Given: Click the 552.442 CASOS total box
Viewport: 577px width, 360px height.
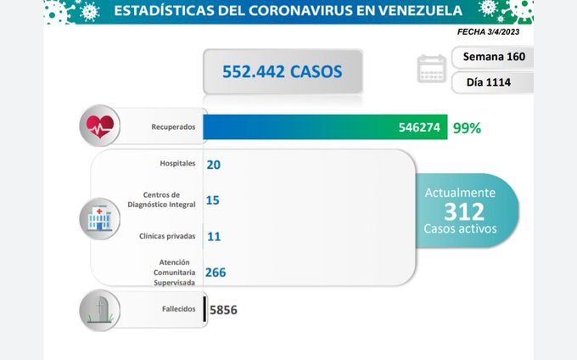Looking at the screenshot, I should point(283,71).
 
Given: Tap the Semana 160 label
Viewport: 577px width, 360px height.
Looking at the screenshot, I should point(493,58).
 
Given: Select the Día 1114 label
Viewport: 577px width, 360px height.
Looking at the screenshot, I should point(493,82).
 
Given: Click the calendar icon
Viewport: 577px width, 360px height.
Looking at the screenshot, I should point(432,69).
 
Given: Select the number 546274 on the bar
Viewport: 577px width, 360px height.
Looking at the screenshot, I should point(419,128).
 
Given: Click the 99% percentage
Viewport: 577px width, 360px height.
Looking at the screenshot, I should point(467,128).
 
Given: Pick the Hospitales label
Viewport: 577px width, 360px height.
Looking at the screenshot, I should point(177,162).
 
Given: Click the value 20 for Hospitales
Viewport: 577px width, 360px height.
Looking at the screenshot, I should point(213,164).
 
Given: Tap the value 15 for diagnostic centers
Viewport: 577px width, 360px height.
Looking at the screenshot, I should point(213,200).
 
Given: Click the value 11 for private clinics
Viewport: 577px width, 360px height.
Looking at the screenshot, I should point(213,237).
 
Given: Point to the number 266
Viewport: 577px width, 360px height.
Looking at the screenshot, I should point(215,273).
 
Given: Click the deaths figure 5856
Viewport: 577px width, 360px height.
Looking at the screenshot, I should point(223,311).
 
